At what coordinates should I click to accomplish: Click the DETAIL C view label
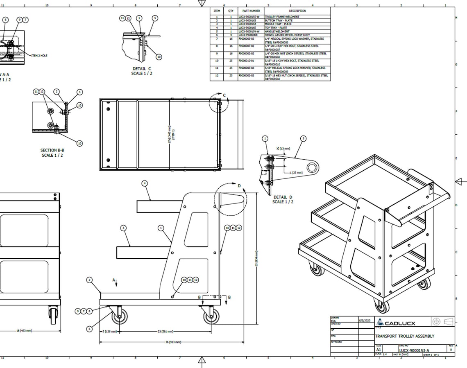(141, 71)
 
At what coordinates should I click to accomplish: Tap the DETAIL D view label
(283, 199)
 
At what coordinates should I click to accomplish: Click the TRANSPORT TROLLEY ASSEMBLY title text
(405, 336)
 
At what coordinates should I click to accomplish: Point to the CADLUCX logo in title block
(396, 322)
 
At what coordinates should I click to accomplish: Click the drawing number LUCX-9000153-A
(414, 350)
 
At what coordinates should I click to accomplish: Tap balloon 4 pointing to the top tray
(145, 183)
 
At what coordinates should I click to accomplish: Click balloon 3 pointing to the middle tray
(124, 228)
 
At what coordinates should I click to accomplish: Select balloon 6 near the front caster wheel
(89, 329)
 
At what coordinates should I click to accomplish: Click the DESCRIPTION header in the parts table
(297, 11)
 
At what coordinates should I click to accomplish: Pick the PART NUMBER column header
(251, 11)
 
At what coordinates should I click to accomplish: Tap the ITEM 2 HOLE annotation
(39, 55)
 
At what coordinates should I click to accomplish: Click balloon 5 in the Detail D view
(303, 139)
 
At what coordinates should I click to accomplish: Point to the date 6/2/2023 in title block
(364, 320)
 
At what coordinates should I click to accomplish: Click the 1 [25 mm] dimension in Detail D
(296, 173)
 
